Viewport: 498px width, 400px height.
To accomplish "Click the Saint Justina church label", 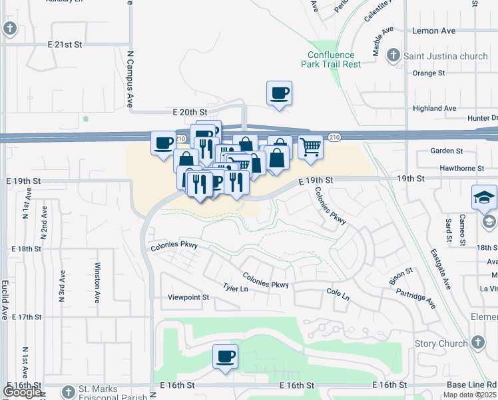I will pyautogui.click(x=445, y=56).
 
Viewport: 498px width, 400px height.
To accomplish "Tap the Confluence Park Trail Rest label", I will pyautogui.click(x=334, y=59).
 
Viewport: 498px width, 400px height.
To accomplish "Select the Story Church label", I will pyautogui.click(x=441, y=343).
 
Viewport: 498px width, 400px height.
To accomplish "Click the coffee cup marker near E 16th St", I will pyautogui.click(x=225, y=356).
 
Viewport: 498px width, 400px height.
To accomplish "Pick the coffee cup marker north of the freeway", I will pyautogui.click(x=279, y=93).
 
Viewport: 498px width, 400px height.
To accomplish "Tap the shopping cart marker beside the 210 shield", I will pyautogui.click(x=310, y=147).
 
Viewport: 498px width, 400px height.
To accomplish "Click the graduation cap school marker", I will pyautogui.click(x=484, y=197).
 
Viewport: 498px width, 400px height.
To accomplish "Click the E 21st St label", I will pyautogui.click(x=64, y=44).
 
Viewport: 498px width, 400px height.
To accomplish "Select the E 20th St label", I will pyautogui.click(x=190, y=113).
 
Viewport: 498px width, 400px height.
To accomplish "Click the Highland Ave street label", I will pyautogui.click(x=434, y=108).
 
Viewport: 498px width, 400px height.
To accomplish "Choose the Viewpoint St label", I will pyautogui.click(x=188, y=297).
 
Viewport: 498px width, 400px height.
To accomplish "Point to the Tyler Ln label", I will pyautogui.click(x=236, y=289).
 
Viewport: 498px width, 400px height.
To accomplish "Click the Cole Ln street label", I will pyautogui.click(x=338, y=293).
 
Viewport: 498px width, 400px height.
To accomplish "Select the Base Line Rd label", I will pyautogui.click(x=481, y=385).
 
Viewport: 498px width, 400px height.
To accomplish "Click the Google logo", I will pyautogui.click(x=22, y=392).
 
